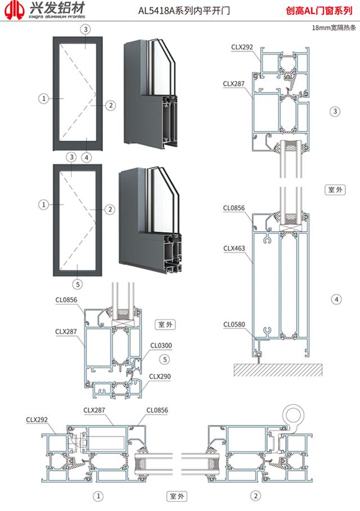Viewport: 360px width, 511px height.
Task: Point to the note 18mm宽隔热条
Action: pyautogui.click(x=332, y=27)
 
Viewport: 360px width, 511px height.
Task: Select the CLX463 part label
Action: pyautogui.click(x=233, y=247)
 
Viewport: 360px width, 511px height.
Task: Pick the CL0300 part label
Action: pyautogui.click(x=161, y=345)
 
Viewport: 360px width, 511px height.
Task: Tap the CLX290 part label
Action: pyautogui.click(x=160, y=376)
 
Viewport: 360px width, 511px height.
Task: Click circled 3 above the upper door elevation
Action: pyautogui.click(x=85, y=29)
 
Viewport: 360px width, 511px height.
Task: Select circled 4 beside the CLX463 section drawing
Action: pyautogui.click(x=336, y=299)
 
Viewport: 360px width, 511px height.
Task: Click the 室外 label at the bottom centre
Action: pyautogui.click(x=177, y=496)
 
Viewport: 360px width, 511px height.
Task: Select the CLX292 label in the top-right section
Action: pyautogui.click(x=242, y=48)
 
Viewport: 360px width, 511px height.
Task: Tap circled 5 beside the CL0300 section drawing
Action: pyautogui.click(x=164, y=359)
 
